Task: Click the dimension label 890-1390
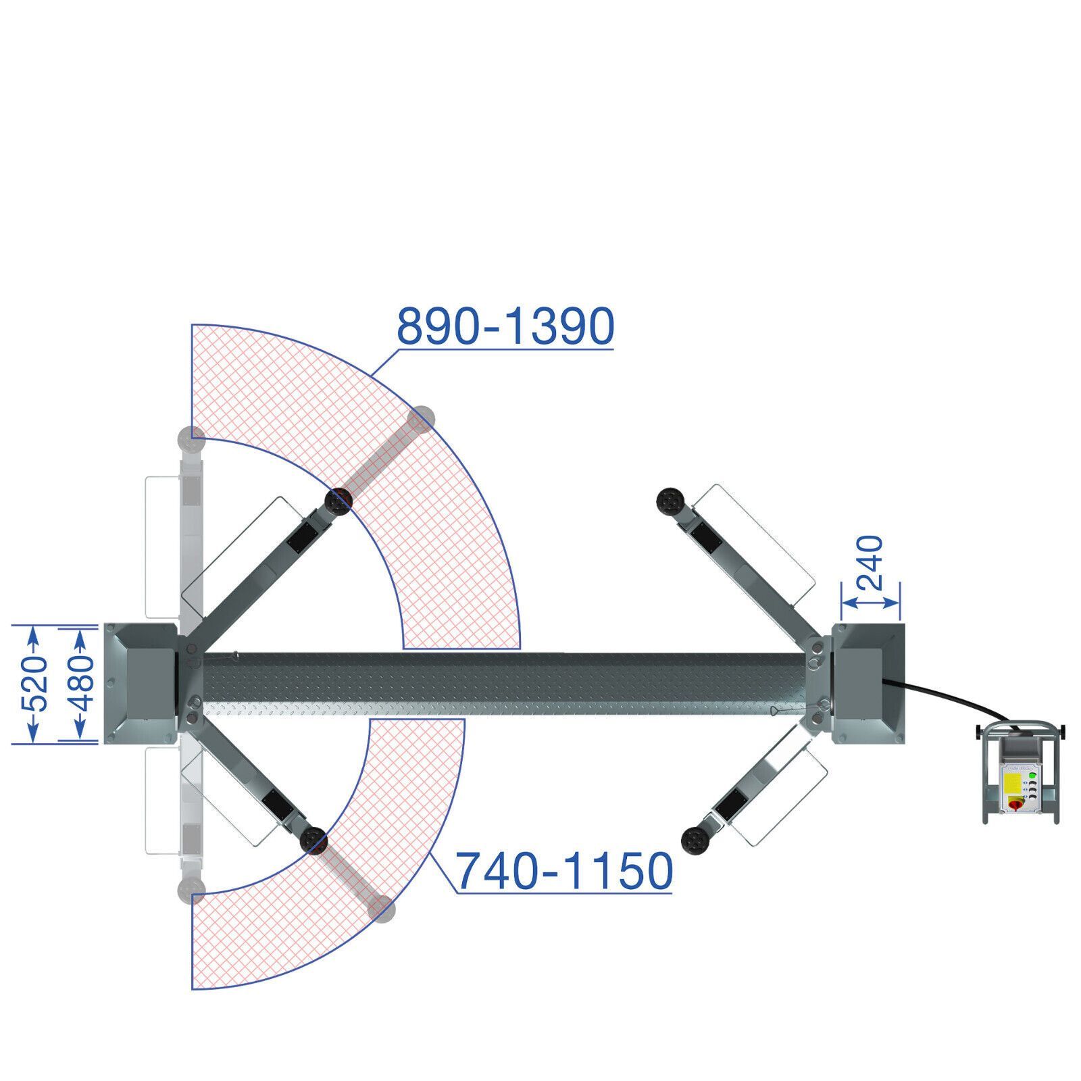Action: coord(505,326)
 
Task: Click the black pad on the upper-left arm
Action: coord(339,501)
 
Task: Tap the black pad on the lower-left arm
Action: coord(313,841)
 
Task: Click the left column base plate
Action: coord(141,682)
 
